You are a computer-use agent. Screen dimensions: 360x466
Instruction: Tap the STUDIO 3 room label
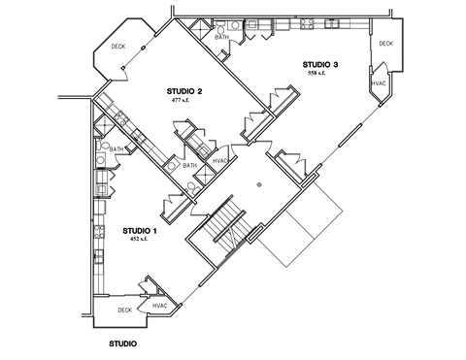point(319,64)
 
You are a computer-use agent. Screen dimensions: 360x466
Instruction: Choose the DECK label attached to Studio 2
point(117,47)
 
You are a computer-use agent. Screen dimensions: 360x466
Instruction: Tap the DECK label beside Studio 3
point(385,44)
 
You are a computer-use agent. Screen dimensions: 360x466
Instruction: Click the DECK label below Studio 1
point(124,311)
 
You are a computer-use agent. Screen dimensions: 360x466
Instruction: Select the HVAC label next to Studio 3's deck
point(379,83)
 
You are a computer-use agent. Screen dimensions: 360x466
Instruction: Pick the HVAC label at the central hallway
point(219,161)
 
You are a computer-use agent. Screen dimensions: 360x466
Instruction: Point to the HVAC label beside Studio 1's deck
point(160,307)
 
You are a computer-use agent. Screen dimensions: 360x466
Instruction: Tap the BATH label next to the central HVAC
point(189,166)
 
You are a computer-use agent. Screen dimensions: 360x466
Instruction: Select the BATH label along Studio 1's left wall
point(116,149)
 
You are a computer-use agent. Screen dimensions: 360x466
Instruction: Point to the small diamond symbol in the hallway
point(258,181)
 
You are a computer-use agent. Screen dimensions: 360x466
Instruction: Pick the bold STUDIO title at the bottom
point(122,344)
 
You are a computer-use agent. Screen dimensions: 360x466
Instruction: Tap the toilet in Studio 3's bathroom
point(220,30)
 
